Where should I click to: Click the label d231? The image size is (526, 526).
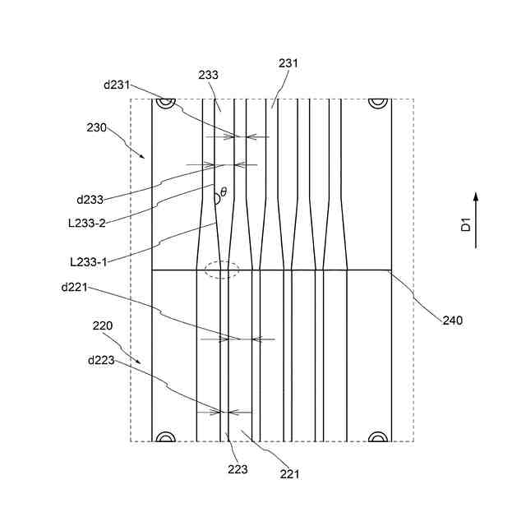[117, 84]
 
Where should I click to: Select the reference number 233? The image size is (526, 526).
[209, 75]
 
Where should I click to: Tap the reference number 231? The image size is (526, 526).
[288, 63]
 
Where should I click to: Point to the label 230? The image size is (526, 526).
[98, 128]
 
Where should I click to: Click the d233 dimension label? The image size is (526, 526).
[90, 200]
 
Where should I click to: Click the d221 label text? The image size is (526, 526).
[75, 288]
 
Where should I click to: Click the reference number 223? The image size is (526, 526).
[238, 469]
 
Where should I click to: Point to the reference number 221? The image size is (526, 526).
[289, 473]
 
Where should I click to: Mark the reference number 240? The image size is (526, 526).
[452, 321]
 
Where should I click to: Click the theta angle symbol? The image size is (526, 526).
[223, 192]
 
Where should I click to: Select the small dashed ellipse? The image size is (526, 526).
[222, 270]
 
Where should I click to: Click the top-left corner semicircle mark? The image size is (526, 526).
[165, 103]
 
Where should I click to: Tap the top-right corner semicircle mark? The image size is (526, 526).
[377, 103]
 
